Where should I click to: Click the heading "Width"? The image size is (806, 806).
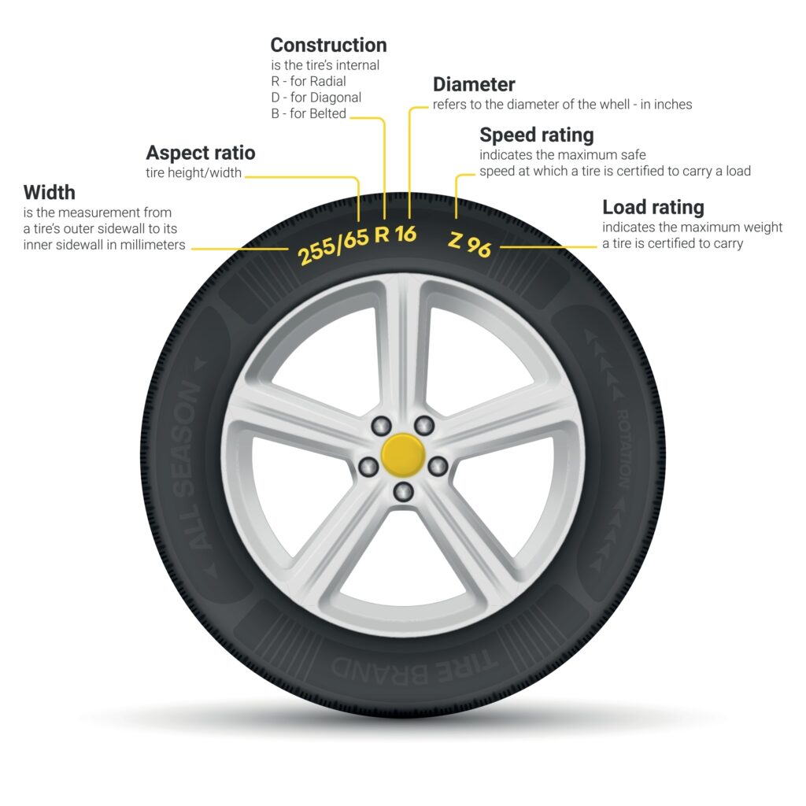50,192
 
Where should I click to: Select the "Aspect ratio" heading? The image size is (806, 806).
201,152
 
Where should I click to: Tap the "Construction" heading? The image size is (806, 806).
328,45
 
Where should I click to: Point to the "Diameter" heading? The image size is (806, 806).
474,84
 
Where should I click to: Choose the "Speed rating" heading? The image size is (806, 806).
536,135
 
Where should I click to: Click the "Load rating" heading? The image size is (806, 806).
653,207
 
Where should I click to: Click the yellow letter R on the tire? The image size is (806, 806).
383,235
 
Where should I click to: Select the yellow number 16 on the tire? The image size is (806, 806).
405,235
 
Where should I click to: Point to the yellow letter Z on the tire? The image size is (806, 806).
456,240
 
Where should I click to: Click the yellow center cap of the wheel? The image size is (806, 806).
403,456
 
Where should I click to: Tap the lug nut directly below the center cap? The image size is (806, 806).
403,493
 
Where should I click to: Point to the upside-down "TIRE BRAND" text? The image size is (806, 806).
401,665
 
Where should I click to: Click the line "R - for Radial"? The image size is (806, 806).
308,81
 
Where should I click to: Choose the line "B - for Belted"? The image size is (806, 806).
308,113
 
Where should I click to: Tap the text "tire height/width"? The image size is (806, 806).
194,173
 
